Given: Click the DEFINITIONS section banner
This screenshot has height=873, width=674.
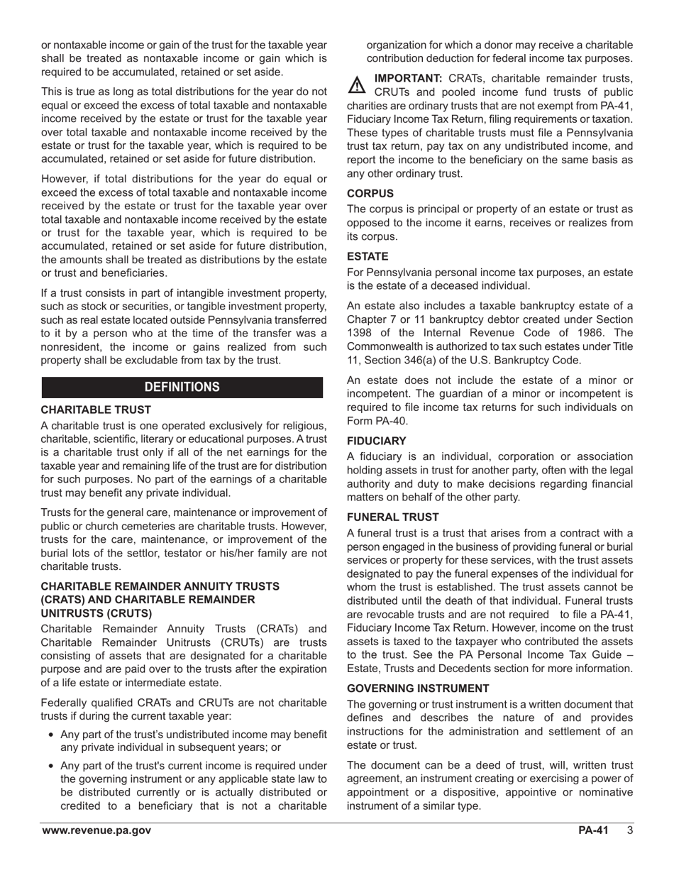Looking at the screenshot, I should point(182,387).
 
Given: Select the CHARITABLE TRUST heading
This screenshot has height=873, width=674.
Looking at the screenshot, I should point(96,410).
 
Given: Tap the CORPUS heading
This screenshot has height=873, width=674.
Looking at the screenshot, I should point(370,193).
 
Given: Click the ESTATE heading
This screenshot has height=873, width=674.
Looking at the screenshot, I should point(368,256).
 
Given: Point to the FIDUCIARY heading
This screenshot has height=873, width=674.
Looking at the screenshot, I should point(376,441).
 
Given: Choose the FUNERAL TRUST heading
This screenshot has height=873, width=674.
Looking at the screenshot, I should point(392,517).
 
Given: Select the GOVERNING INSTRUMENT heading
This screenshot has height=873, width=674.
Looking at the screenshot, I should point(418,688).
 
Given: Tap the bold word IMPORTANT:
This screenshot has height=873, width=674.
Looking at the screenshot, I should point(408,77).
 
